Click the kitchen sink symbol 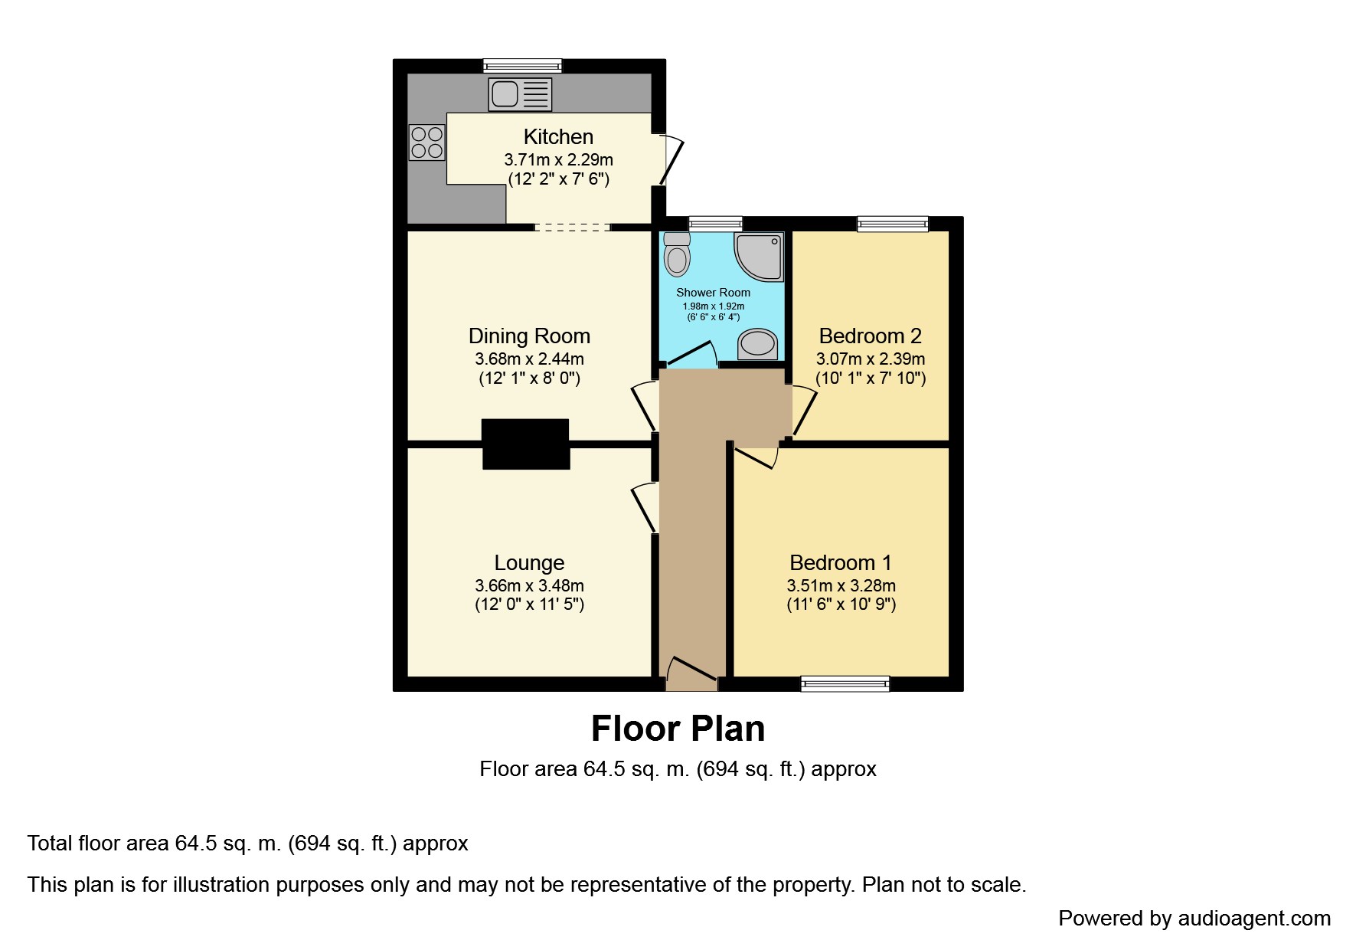(x=520, y=95)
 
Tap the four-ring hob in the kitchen (x=427, y=142)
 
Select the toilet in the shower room (x=677, y=255)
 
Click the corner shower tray (x=760, y=257)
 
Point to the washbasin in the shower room (x=757, y=343)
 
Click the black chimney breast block (x=526, y=444)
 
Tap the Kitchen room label (x=558, y=137)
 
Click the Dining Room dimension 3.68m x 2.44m (x=529, y=359)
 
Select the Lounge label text (x=529, y=563)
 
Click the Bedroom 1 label (x=841, y=563)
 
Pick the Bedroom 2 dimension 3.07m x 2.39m (x=871, y=359)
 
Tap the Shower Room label (x=713, y=293)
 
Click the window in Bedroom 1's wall (x=845, y=683)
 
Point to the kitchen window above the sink (x=523, y=67)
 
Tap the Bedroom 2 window (x=893, y=224)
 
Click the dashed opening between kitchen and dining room (x=572, y=227)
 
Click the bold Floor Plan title (x=678, y=729)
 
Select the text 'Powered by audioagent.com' (x=1194, y=918)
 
